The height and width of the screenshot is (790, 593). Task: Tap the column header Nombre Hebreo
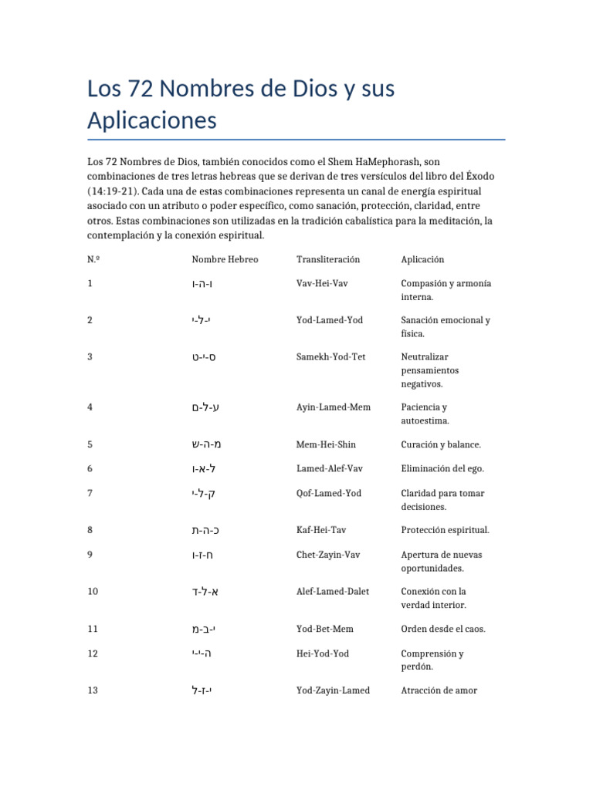(x=225, y=259)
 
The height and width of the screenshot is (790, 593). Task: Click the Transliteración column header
(x=328, y=259)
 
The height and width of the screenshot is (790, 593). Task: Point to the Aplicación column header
(x=422, y=259)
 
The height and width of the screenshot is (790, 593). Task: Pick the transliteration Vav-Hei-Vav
(x=322, y=283)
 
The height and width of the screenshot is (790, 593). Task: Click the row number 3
(x=90, y=356)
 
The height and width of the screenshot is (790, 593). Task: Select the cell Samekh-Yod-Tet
(x=331, y=356)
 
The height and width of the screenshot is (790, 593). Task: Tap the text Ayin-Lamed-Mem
(x=334, y=407)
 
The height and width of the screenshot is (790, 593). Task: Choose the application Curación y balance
(x=441, y=444)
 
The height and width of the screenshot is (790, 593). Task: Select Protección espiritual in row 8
(x=445, y=530)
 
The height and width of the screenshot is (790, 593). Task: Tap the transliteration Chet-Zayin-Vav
(x=328, y=554)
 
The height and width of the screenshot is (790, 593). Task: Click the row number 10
(x=93, y=591)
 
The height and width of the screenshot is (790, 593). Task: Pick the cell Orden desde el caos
(x=443, y=629)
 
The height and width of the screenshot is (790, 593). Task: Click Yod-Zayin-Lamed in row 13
(x=333, y=690)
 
